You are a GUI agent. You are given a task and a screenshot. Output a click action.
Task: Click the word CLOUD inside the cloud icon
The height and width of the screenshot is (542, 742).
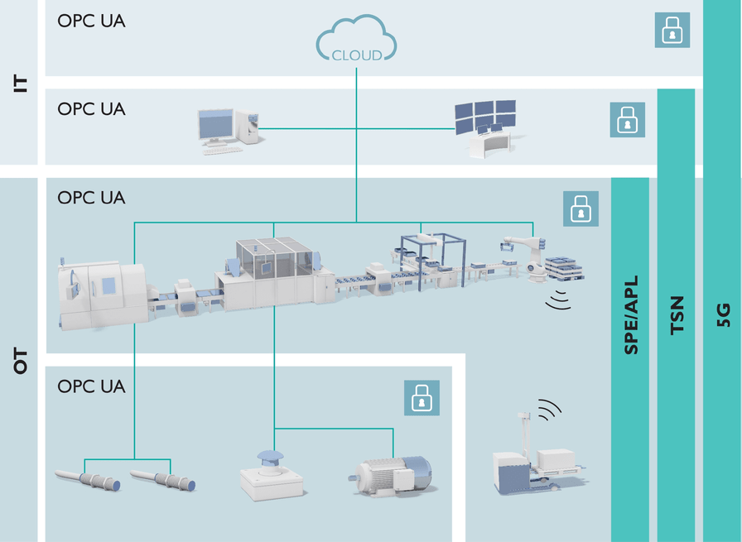(x=356, y=55)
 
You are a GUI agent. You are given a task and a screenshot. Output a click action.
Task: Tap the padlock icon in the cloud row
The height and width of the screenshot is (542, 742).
(x=672, y=30)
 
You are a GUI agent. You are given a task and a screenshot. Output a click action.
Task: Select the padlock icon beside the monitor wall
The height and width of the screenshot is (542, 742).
(x=627, y=120)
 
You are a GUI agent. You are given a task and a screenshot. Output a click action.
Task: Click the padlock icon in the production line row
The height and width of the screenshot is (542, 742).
(x=581, y=209)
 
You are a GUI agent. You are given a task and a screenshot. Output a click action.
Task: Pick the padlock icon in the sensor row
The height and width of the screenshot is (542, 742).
(x=422, y=398)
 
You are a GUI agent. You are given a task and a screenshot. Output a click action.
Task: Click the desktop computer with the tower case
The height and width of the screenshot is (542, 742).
(x=229, y=131)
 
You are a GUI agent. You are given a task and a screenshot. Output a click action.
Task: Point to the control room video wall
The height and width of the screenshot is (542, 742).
(x=485, y=127)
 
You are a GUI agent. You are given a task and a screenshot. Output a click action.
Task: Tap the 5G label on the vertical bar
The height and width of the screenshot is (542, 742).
(x=724, y=315)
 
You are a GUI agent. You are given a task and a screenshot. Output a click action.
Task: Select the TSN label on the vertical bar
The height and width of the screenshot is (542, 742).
(x=677, y=315)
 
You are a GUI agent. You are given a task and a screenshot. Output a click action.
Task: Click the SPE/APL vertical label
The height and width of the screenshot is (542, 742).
(x=631, y=315)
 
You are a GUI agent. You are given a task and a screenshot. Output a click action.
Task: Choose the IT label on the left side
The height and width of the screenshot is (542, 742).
(x=20, y=84)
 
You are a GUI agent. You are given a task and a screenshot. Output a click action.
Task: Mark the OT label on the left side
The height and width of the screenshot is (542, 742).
(x=20, y=361)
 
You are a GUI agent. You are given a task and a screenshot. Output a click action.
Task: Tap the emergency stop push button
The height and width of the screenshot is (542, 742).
(x=271, y=475)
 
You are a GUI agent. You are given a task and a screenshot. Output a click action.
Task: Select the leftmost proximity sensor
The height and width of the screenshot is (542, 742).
(x=88, y=480)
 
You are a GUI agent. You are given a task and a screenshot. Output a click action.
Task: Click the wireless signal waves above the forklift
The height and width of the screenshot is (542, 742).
(x=549, y=410)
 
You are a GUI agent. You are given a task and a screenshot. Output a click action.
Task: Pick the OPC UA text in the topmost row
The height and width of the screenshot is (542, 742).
(x=91, y=21)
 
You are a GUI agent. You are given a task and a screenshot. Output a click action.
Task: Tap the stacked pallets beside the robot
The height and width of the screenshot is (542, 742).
(x=565, y=268)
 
